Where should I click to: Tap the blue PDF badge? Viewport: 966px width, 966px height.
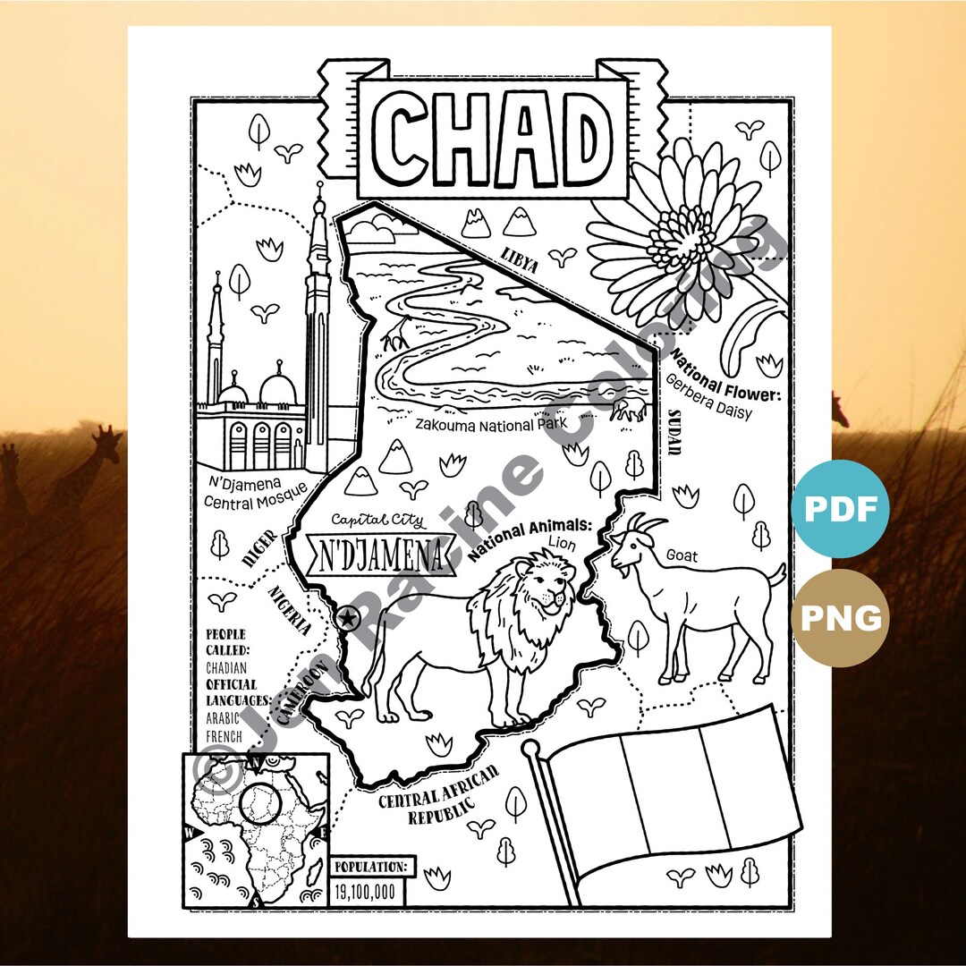839,509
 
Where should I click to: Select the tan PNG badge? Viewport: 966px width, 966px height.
839,618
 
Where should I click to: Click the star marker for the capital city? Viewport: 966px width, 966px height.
347,616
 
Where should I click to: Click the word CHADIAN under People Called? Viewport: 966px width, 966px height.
226,666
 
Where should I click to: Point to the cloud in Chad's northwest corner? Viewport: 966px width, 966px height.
372,231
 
